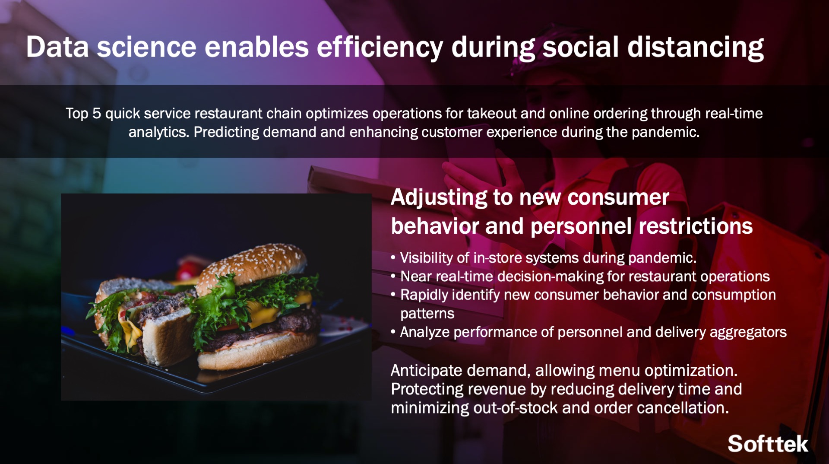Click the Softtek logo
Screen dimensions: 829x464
(x=768, y=444)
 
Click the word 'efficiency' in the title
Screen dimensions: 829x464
(x=380, y=48)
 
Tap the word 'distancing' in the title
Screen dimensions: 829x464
(x=696, y=48)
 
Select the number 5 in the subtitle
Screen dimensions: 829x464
(x=97, y=114)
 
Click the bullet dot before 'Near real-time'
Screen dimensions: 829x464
(x=393, y=276)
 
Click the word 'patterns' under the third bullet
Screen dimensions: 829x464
(x=427, y=314)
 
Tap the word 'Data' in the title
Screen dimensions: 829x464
(x=57, y=48)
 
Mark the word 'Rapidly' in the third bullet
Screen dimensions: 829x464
(x=424, y=296)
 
